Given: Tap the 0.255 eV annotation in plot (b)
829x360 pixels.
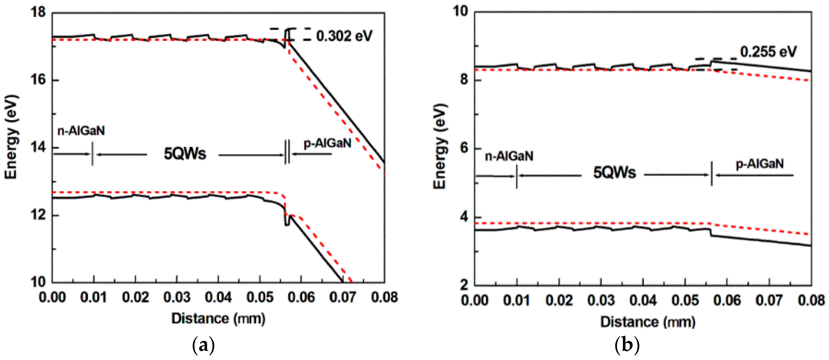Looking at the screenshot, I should pos(768,52).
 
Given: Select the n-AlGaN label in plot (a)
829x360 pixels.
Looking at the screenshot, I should pos(81,131).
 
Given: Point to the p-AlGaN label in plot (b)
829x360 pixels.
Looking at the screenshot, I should pos(760,164).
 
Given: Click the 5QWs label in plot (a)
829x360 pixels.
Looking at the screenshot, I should pos(185,154).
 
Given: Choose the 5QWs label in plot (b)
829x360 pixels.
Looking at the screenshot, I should pos(614,173).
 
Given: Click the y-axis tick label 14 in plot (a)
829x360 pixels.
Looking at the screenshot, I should pos(38,147).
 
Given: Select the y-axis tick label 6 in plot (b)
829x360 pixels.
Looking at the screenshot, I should pos(464,148).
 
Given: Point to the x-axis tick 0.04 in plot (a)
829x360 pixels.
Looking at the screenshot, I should pos(218,297).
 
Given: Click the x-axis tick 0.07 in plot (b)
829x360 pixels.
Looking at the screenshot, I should pos(769,300).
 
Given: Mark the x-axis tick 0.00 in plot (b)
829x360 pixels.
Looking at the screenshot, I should pos(475,300).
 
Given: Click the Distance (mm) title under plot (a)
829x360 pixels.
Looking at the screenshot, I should pos(218,319).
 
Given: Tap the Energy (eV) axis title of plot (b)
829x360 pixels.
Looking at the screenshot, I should pos(440,147).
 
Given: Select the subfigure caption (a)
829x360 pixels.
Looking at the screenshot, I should pos(203,346).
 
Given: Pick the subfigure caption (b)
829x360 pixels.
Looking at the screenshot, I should pos(627,346).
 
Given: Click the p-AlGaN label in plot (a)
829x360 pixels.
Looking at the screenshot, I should pos(327,143).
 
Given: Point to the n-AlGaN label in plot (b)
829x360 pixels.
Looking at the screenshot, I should pos(509,156).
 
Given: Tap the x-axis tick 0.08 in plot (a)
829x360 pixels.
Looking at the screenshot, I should pos(384,297).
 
